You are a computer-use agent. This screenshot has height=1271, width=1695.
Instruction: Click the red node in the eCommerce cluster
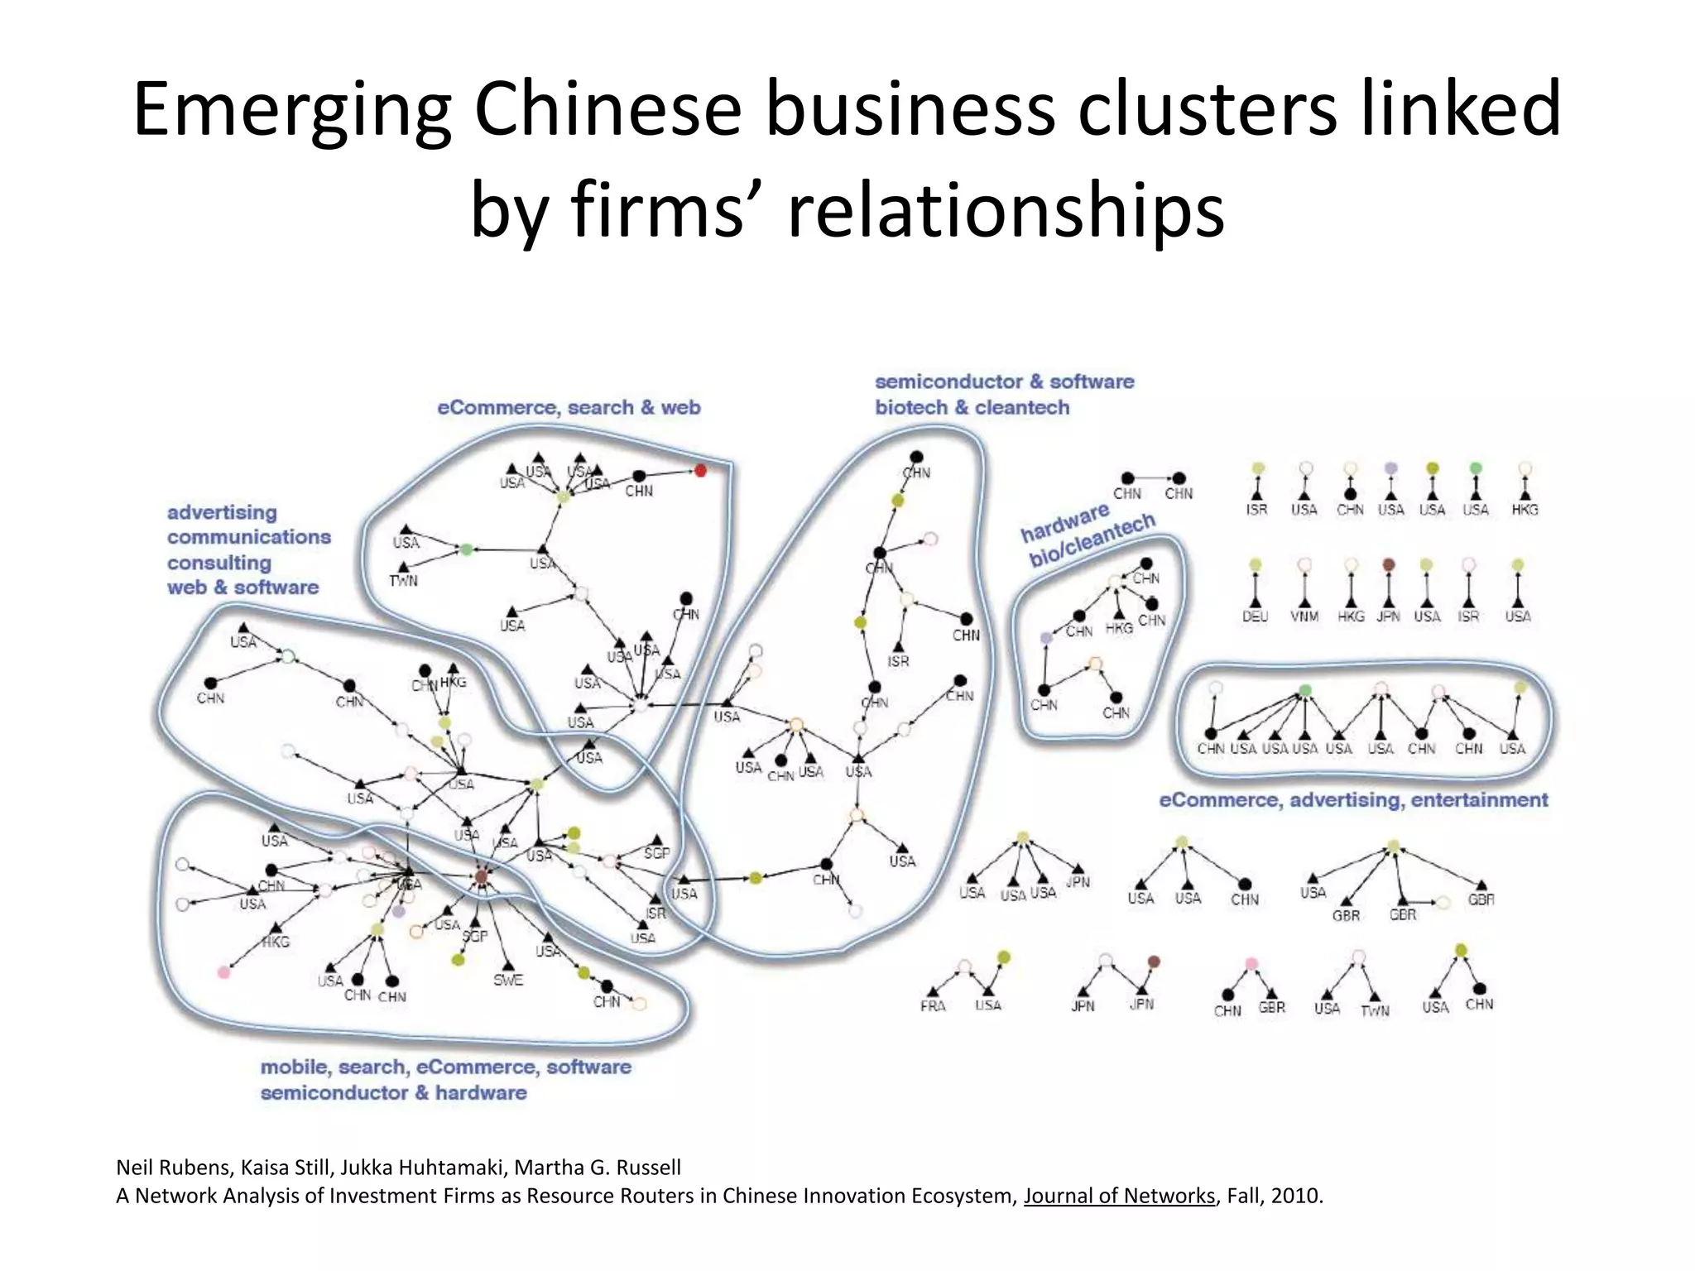(700, 471)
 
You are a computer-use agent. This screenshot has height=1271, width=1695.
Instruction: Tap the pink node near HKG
(223, 972)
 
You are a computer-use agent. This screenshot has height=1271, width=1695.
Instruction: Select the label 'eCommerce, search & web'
(569, 407)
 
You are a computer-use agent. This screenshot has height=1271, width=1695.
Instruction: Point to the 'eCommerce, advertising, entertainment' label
(1353, 800)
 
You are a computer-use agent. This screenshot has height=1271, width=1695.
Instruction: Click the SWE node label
(508, 981)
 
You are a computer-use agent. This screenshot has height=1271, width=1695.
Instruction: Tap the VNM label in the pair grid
(1304, 616)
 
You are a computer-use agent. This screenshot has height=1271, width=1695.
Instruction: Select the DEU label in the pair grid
(1255, 616)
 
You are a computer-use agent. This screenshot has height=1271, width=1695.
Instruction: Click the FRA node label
(933, 1006)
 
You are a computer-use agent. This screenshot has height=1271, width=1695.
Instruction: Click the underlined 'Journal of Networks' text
(1119, 1196)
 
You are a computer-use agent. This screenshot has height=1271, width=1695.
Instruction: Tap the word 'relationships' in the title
(1005, 210)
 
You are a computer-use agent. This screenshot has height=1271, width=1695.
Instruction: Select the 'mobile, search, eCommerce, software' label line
(445, 1067)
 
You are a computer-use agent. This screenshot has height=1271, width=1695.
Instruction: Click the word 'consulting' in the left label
(219, 563)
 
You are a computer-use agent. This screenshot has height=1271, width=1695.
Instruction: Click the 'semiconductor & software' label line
(1004, 381)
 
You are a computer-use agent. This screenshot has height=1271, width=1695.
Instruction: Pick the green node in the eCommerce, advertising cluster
(1305, 690)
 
